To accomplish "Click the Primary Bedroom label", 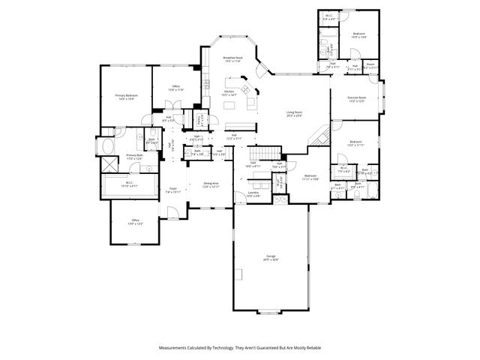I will [x=124, y=95].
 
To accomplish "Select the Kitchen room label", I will [x=229, y=91].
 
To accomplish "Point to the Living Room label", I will [x=293, y=112].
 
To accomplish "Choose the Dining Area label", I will [x=211, y=183].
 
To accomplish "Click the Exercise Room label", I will [x=356, y=97].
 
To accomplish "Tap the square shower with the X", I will [x=107, y=165].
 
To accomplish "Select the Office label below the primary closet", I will [x=135, y=220].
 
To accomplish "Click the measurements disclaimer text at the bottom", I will [x=240, y=348].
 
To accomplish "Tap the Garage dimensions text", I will [x=270, y=259].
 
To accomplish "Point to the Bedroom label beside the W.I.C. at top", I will [x=359, y=34].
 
